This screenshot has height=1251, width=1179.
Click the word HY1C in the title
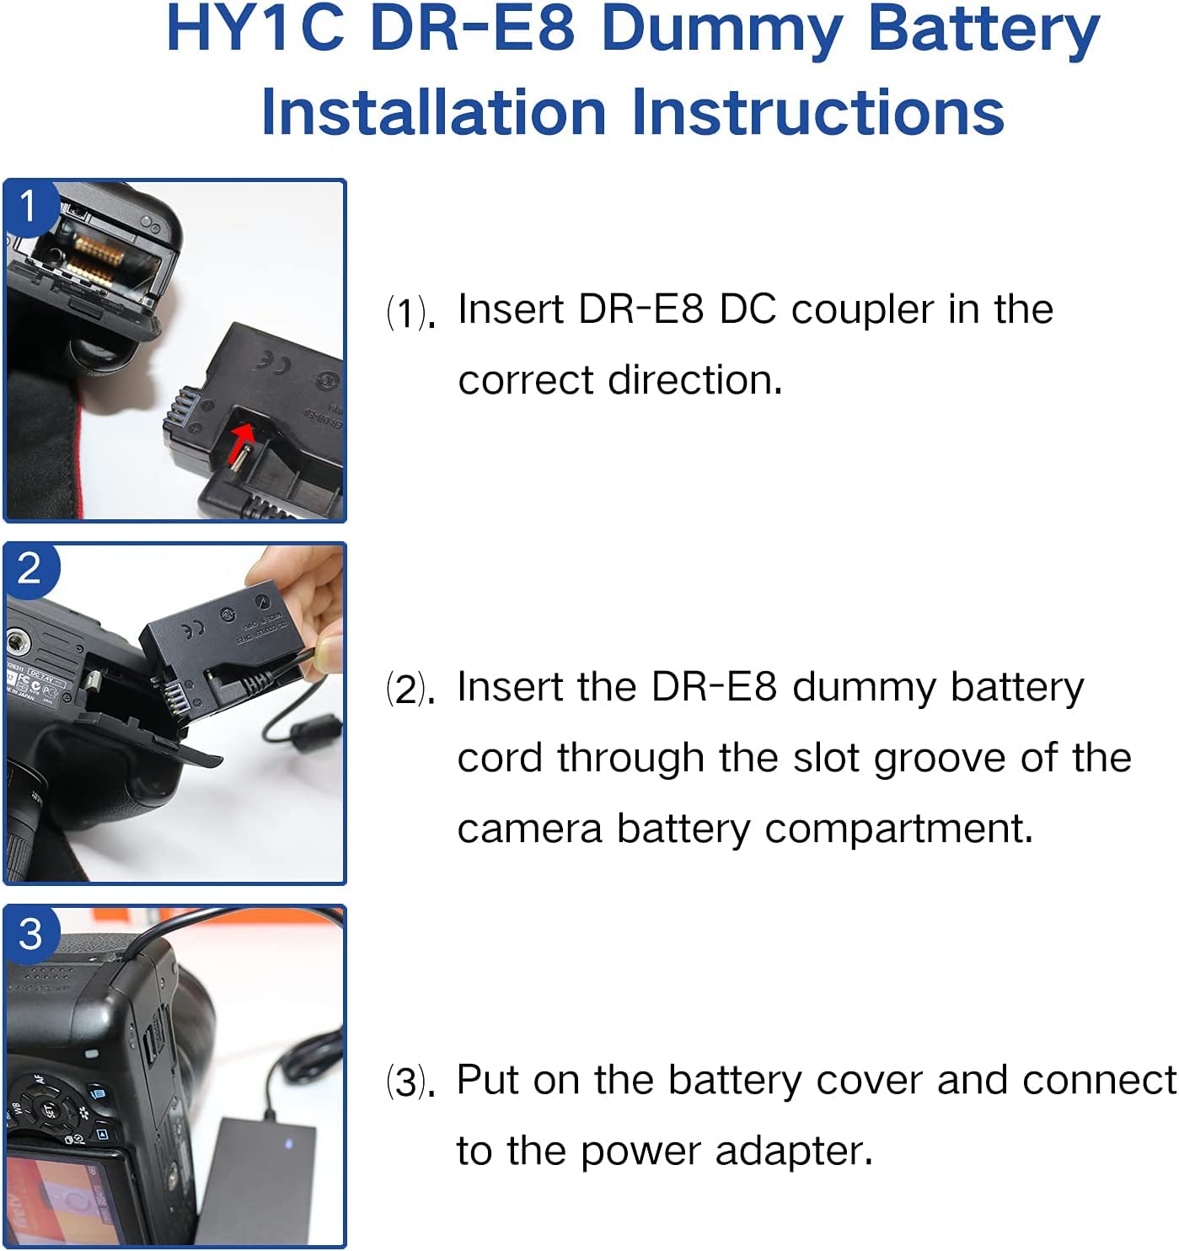tap(256, 29)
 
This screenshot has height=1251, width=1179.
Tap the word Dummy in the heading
tap(721, 30)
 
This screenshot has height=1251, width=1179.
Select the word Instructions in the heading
tap(817, 112)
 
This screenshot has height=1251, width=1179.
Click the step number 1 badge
tap(29, 206)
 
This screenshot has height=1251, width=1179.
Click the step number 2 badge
tap(29, 569)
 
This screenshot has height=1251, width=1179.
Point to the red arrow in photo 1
tap(241, 442)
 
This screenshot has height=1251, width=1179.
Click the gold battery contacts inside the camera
tap(97, 258)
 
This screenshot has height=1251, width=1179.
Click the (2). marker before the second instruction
tap(410, 690)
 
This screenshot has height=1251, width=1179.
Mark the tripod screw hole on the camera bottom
tap(18, 643)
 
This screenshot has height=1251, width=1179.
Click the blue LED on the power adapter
tap(289, 1144)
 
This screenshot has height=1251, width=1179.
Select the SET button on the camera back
tap(47, 1110)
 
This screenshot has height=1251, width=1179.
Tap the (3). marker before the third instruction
tap(410, 1082)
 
